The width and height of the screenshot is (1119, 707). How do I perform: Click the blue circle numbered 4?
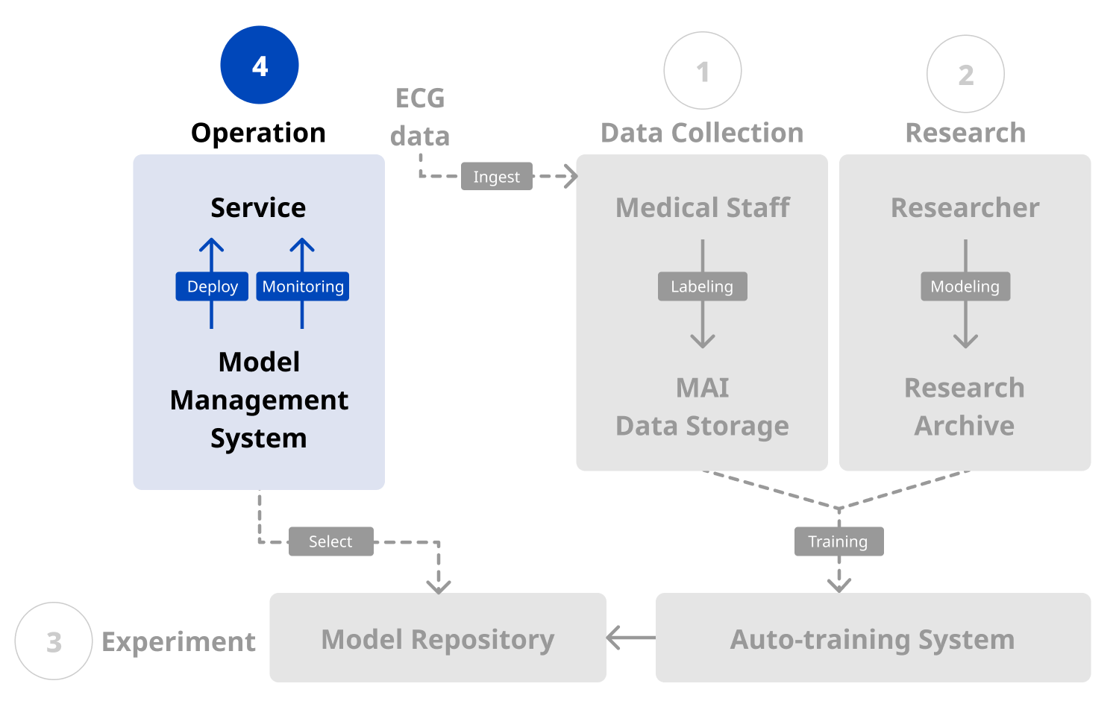click(x=260, y=65)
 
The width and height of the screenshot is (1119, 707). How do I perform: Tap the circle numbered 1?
click(x=703, y=71)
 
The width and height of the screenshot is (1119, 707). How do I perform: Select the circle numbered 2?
click(x=965, y=74)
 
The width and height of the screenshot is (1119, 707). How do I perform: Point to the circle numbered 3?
click(x=54, y=641)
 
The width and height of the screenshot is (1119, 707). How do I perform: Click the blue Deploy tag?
click(x=212, y=286)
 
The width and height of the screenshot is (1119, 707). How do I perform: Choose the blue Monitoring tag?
click(x=303, y=286)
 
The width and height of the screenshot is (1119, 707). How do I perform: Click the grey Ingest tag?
click(x=496, y=177)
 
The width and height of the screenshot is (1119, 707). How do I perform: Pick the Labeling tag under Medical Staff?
click(x=702, y=286)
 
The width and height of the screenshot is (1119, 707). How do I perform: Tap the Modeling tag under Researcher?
click(x=965, y=286)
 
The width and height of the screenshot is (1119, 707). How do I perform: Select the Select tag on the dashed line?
click(x=330, y=541)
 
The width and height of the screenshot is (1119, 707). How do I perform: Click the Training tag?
click(x=839, y=541)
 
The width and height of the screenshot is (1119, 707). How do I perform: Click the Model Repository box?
click(x=438, y=638)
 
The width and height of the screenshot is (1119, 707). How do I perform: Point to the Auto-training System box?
click(x=873, y=638)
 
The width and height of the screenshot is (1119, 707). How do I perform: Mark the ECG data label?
click(x=420, y=117)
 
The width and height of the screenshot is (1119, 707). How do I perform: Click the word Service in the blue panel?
click(x=258, y=207)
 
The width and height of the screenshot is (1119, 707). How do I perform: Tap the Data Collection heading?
click(x=702, y=133)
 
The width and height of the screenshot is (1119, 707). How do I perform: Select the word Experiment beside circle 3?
click(x=178, y=641)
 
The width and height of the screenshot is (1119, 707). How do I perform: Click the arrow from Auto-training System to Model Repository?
click(x=631, y=638)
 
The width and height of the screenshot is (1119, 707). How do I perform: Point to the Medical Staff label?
click(x=702, y=207)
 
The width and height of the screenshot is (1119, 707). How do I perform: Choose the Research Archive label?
click(x=965, y=406)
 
